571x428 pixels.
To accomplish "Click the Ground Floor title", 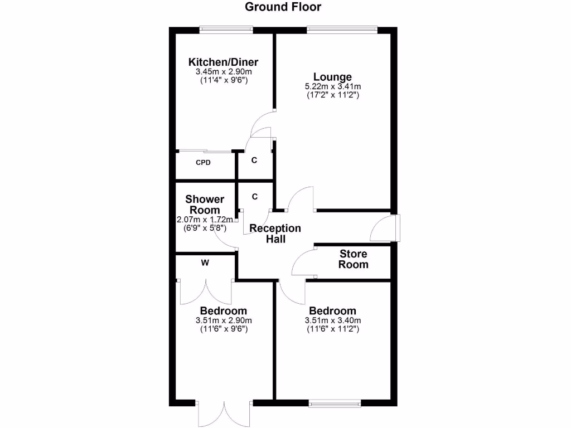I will point(283,7).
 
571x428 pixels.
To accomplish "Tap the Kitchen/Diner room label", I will point(223,62).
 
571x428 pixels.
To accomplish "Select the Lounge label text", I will point(332,77).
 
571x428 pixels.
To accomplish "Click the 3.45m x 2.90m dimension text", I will point(223,72).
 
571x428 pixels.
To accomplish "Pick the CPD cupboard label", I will point(203,163).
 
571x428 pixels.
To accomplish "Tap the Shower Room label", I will point(205,205).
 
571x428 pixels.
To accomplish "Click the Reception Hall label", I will point(275,234).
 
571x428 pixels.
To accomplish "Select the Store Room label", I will point(354,259).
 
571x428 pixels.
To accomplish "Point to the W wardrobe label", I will point(205,263).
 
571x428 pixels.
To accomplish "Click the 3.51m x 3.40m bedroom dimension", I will point(333,320).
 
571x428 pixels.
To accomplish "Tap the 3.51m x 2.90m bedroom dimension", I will point(223,320).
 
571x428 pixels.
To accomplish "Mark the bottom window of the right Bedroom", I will point(335,401).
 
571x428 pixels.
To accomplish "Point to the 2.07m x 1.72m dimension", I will point(205,220).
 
